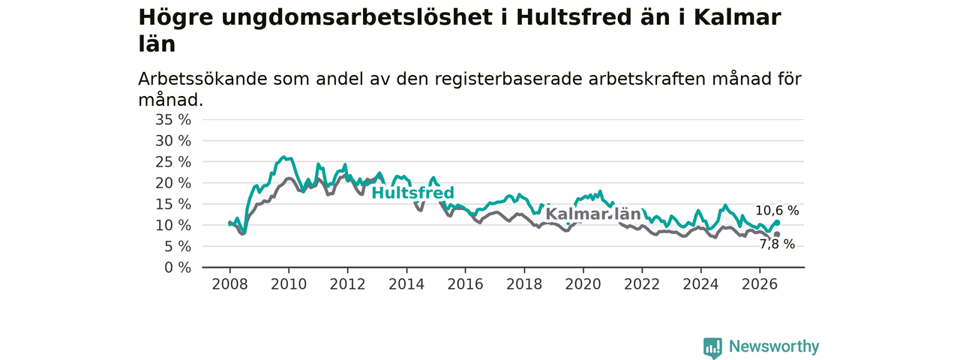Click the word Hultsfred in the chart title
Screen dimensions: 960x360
click(574, 18)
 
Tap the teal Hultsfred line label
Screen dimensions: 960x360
click(412, 193)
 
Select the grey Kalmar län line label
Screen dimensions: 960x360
click(593, 214)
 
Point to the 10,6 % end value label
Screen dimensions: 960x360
click(777, 211)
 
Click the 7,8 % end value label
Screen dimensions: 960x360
click(778, 244)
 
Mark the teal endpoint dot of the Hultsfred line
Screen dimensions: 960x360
click(777, 223)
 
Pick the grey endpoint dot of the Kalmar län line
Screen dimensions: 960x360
click(777, 235)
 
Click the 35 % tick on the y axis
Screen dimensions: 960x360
click(173, 119)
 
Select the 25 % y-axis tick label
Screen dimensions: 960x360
click(173, 162)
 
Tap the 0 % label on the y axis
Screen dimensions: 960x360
click(178, 268)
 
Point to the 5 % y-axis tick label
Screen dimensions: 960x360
click(178, 247)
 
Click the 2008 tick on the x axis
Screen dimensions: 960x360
click(229, 284)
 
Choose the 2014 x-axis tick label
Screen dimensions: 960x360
click(406, 284)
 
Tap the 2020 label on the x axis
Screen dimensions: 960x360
click(583, 284)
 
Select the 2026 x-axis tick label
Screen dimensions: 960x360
click(760, 284)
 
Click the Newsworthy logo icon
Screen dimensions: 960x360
click(712, 347)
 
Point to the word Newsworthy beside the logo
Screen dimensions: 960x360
click(774, 346)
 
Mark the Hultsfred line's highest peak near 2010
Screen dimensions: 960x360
click(283, 157)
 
